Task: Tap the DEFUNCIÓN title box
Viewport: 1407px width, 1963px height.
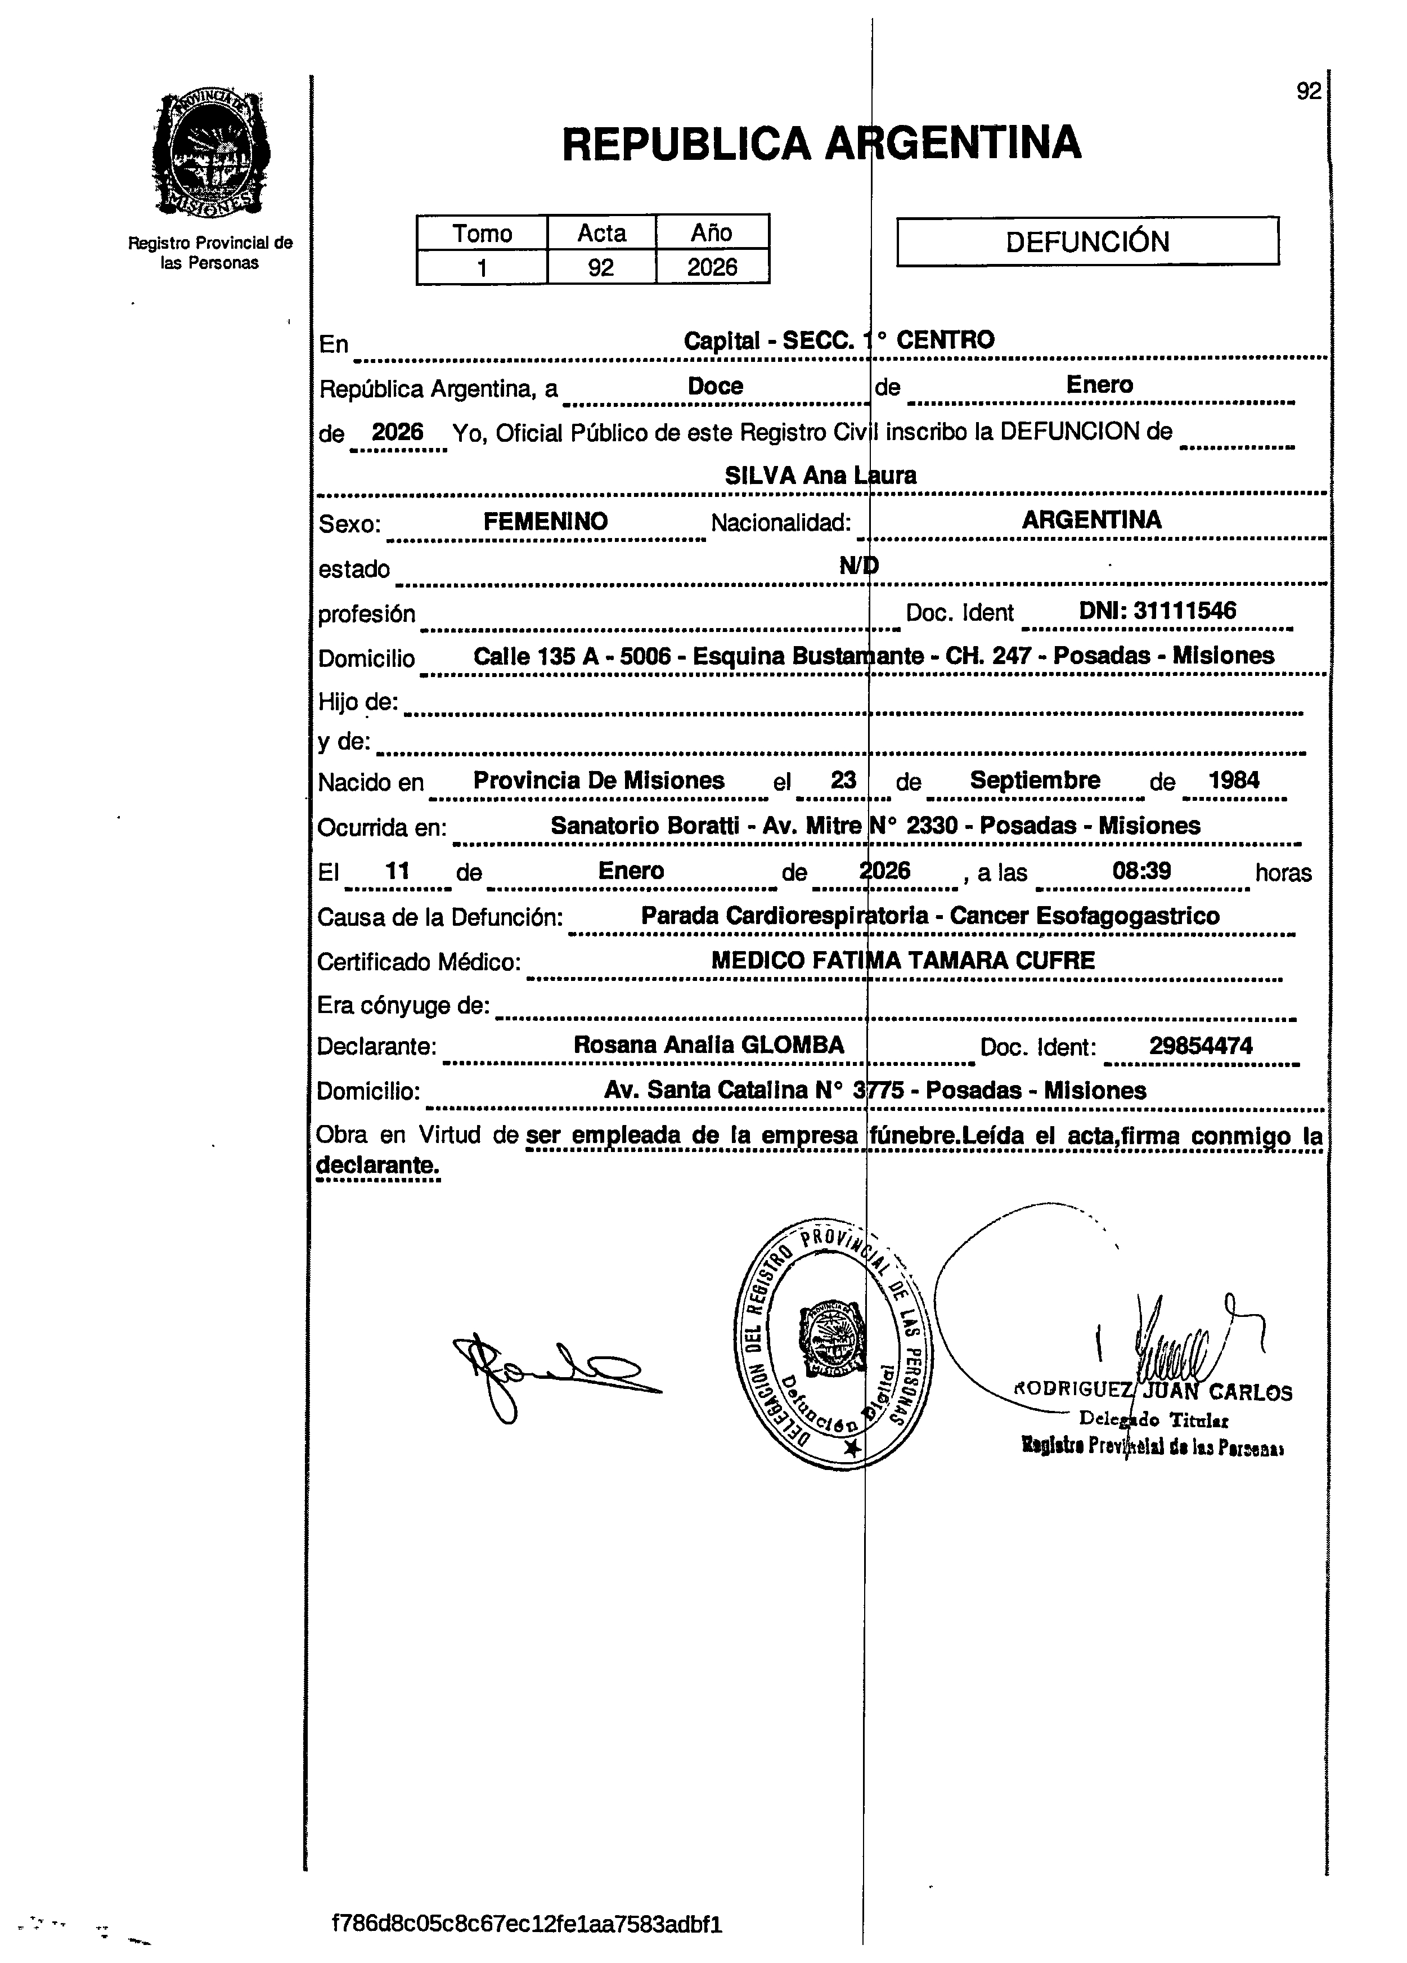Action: point(1087,241)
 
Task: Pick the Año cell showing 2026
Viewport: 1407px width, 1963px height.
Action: point(712,267)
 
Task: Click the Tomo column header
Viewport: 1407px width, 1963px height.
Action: point(482,233)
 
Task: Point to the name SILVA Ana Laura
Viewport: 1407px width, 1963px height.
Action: point(820,475)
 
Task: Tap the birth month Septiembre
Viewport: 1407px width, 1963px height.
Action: point(1035,780)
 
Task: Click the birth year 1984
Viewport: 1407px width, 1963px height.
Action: point(1234,780)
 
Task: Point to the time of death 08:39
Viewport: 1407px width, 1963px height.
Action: point(1141,871)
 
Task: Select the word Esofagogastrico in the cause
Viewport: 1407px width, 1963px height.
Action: point(1129,916)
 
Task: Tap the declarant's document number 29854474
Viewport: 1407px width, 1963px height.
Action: point(1200,1046)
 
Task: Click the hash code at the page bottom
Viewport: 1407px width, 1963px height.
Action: point(527,1924)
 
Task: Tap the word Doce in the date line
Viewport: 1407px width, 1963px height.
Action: point(714,386)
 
